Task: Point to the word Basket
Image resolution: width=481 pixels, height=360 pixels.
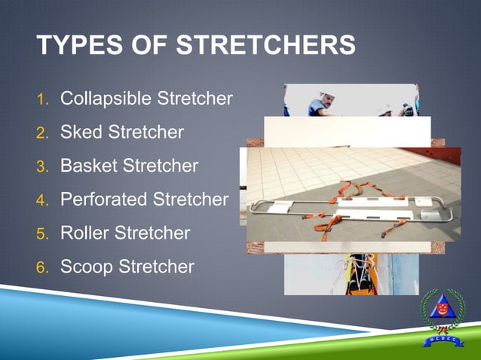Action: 88,166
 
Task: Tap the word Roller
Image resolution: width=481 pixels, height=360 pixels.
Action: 84,233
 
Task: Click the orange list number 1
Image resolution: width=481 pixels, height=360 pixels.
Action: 43,99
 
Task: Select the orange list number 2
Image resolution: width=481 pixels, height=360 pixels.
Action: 43,133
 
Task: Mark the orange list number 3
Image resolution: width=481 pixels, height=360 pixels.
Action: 43,166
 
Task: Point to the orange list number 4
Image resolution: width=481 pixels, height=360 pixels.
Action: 43,200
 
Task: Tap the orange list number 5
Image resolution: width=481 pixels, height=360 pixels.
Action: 43,233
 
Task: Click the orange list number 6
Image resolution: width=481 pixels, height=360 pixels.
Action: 43,267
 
